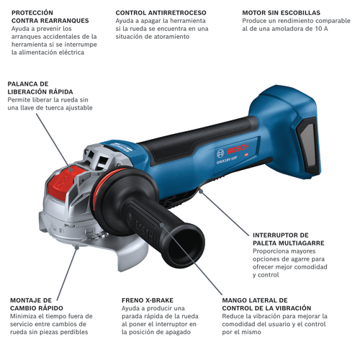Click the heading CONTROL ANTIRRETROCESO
(161, 13)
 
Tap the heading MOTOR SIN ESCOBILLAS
(281, 13)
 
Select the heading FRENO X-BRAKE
(148, 300)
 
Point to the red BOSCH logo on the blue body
(238, 150)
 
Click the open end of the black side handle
(186, 246)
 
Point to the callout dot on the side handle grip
(162, 225)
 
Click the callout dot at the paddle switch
(201, 191)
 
